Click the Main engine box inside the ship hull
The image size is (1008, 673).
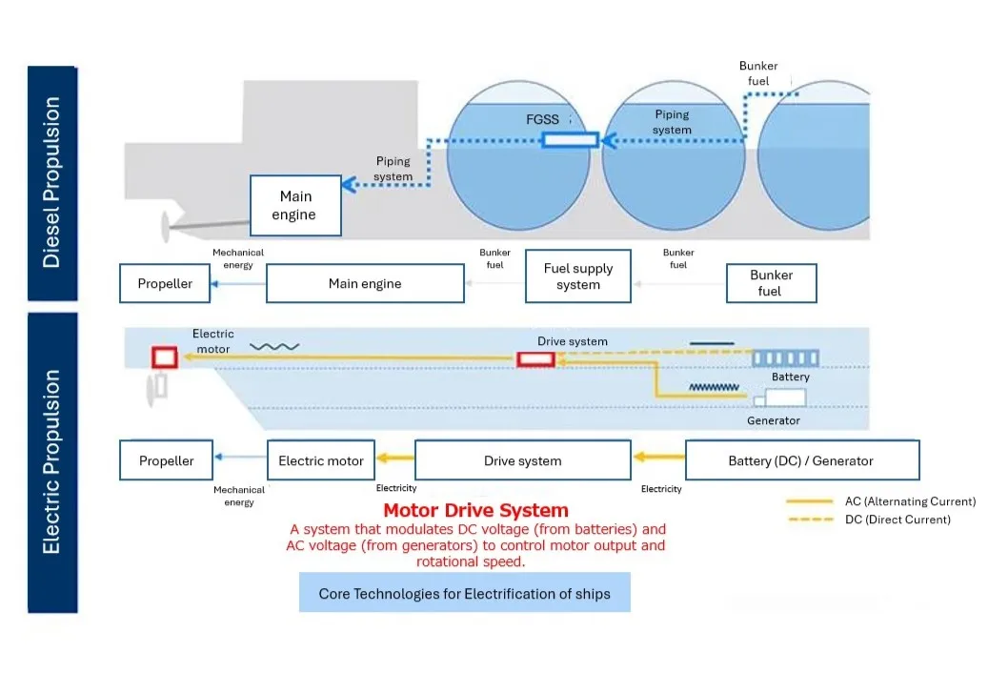pos(295,205)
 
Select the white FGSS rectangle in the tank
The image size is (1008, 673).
pos(570,140)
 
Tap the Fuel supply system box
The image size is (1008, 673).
pos(578,276)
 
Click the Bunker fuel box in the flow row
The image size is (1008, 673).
pos(770,283)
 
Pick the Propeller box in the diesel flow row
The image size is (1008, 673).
pos(165,284)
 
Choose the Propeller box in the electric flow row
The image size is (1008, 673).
pos(166,460)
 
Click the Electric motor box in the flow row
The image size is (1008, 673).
pos(321,460)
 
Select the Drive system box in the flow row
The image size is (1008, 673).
pos(523,460)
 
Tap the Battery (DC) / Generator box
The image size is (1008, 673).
pos(801,460)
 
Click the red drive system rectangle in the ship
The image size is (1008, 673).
pos(536,359)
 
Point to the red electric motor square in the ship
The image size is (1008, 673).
pos(165,357)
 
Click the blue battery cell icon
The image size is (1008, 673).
pos(785,358)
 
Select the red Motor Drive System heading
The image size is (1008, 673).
pos(475,511)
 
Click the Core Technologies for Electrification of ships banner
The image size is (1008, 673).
pos(464,593)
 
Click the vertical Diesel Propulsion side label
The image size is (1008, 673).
pos(51,181)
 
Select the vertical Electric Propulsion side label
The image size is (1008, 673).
pos(51,461)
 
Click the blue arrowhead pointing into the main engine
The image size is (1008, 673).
pos(350,185)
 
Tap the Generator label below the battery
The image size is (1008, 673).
pos(773,420)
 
